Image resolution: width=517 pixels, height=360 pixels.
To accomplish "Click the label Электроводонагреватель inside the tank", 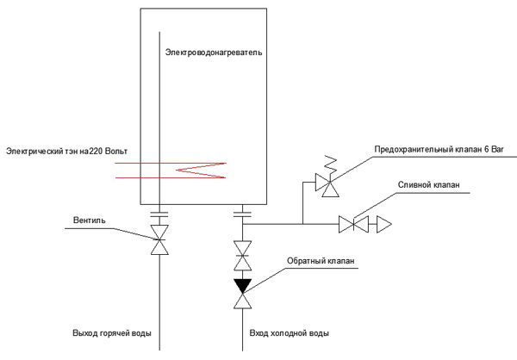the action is [214, 53].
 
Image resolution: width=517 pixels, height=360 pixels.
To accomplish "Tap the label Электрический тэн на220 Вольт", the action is [66, 152].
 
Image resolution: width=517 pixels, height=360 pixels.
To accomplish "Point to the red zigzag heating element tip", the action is [177, 171].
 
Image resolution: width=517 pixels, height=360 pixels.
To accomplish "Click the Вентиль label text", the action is [90, 220].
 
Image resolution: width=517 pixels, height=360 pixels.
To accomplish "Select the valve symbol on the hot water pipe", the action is [159, 239].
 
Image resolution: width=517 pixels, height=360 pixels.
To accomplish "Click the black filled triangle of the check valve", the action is [243, 286].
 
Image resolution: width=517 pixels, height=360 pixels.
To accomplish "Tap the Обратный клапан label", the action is [321, 261].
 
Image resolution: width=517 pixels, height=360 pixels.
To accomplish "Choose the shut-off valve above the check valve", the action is [243, 256].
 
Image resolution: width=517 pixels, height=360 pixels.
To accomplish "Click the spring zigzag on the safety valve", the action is [331, 164].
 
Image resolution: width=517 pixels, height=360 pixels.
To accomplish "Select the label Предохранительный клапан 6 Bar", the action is [439, 149].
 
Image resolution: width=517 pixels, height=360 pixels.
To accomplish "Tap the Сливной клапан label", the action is [428, 184].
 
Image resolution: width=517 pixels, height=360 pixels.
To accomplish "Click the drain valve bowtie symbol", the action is [353, 224].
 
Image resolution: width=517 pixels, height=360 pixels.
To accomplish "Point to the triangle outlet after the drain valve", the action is [384, 224].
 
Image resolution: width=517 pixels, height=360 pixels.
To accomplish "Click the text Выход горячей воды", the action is [112, 333].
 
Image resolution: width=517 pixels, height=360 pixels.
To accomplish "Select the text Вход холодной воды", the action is [290, 333].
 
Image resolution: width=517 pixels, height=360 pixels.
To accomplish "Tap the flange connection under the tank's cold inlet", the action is [243, 214].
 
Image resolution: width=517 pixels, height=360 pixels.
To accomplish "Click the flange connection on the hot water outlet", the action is [159, 214].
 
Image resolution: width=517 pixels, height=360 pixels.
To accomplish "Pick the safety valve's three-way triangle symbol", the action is [327, 184].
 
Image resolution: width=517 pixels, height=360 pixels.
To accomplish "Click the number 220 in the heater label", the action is [96, 152].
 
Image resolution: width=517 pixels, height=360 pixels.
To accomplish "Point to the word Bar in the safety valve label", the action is [497, 149].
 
